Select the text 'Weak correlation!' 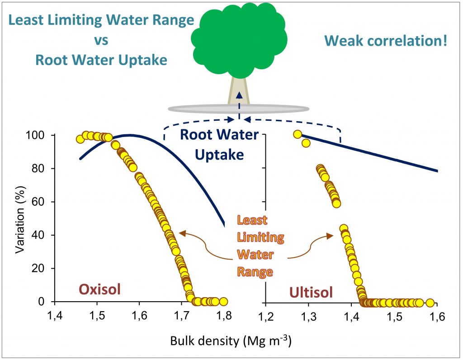click(386, 42)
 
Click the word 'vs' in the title click(101, 40)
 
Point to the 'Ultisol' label click(312, 292)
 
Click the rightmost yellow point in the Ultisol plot click(430, 302)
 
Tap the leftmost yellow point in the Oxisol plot click(80, 139)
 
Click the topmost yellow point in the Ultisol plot click(297, 134)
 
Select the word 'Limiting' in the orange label click(255, 237)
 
